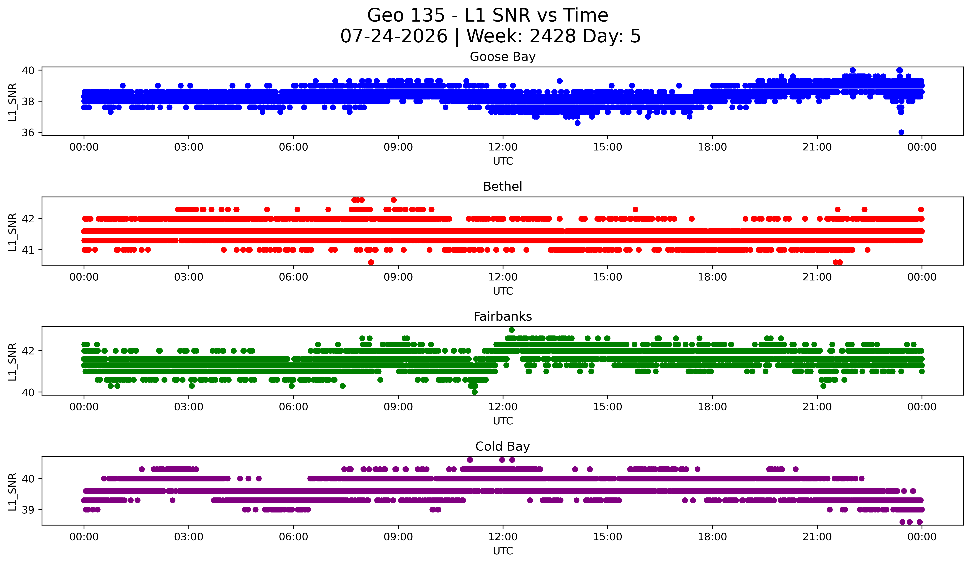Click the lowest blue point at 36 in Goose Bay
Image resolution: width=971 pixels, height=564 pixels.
coord(901,132)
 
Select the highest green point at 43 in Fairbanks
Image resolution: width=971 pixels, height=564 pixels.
coord(512,330)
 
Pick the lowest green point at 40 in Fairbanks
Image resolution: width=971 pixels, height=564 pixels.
coord(475,392)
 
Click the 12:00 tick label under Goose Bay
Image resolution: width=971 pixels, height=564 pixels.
coord(503,147)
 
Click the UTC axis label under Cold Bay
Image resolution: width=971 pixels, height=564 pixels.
coord(503,551)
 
